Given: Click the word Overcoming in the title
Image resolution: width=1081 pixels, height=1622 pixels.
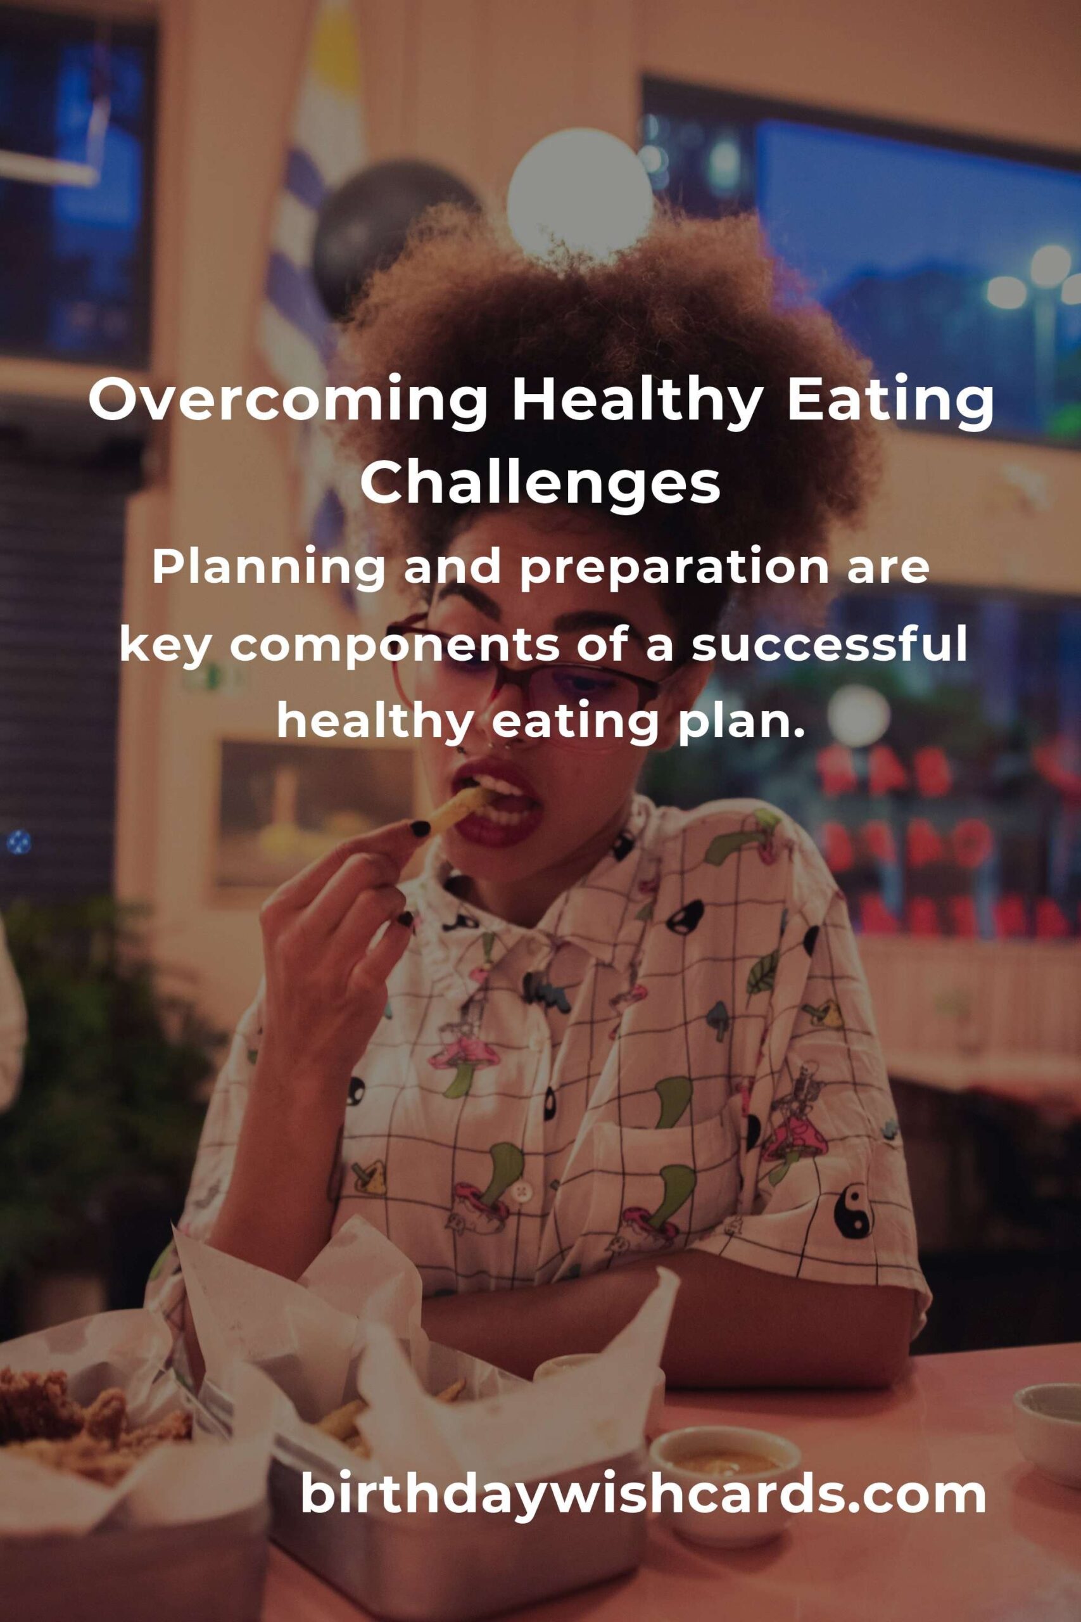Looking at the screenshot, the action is click(289, 402).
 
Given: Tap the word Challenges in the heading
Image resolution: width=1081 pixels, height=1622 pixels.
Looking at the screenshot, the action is click(541, 483).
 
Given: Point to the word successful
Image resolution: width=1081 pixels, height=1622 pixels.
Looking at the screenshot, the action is click(830, 646).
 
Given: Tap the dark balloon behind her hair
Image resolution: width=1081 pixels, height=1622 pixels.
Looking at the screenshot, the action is click(386, 227).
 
